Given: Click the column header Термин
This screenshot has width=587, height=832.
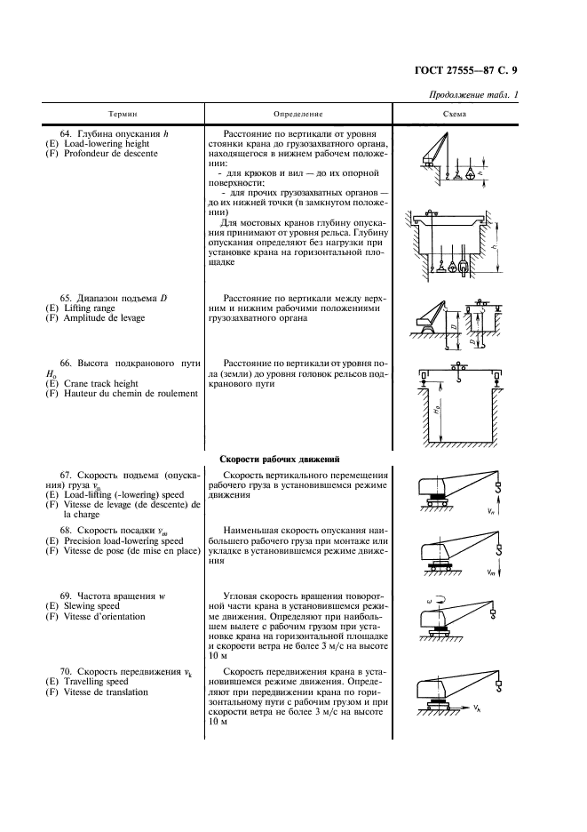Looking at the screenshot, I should pyautogui.click(x=123, y=115).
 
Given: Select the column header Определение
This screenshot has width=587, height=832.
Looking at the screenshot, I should pyautogui.click(x=298, y=115).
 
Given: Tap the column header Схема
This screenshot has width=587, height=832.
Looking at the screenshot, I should pyautogui.click(x=455, y=115).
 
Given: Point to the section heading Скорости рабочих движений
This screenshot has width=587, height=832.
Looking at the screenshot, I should pyautogui.click(x=280, y=460).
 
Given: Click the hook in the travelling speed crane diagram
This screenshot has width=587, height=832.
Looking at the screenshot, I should pyautogui.click(x=499, y=685).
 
